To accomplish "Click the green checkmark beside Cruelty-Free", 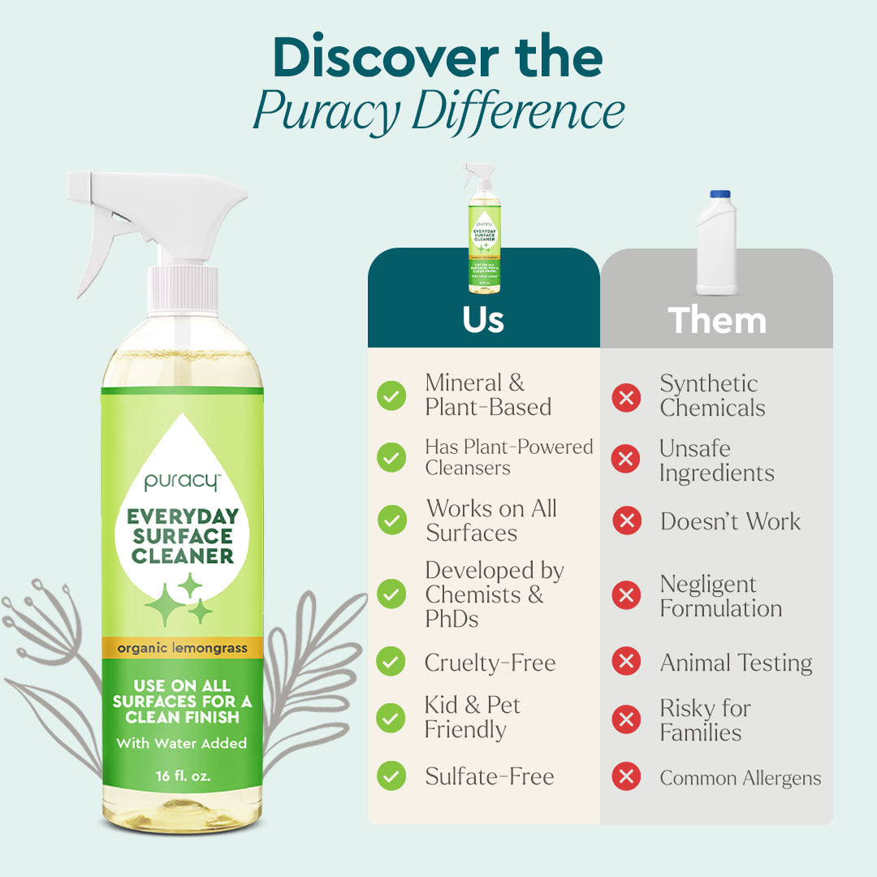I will pos(391,661).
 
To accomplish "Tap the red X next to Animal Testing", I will pos(625,661).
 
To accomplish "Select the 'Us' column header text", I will pos(483,319).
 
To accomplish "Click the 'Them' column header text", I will pos(717,320).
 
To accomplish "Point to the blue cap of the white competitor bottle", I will pos(720,194).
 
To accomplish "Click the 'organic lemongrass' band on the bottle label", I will pos(182,647).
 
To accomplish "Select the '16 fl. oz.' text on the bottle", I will pos(183,775).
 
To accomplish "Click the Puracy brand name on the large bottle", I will pos(181,481).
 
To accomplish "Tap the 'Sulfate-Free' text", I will pos(490,776).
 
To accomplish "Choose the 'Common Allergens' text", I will pos(740,778).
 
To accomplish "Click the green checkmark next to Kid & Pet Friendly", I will pos(391,718).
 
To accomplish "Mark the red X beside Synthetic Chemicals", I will pos(625,397).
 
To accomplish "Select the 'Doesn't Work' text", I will pos(730,521).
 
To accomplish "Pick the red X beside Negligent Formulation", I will pos(625,596).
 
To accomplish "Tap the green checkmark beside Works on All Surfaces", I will pos(391,520).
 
